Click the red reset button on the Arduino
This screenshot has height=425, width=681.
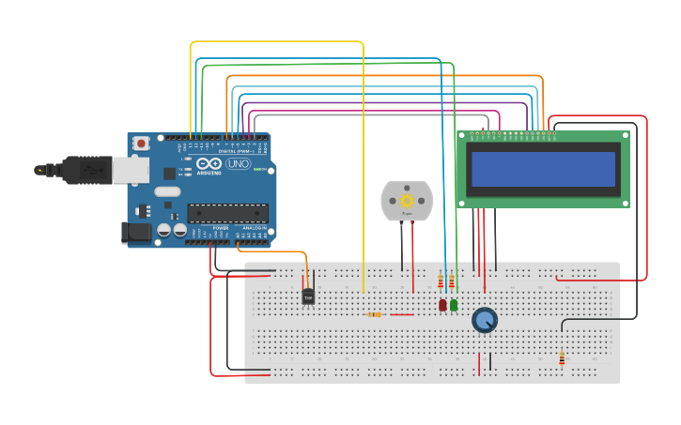(141, 144)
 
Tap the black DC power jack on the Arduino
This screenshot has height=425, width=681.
(136, 232)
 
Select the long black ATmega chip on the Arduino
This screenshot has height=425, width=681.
(226, 213)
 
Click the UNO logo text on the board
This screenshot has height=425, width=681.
(238, 163)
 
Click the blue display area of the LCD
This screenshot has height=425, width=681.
(543, 170)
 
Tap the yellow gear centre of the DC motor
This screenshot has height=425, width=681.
(407, 201)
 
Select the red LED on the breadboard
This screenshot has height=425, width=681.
(442, 305)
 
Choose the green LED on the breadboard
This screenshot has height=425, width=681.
(454, 305)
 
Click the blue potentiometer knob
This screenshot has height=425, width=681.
(484, 320)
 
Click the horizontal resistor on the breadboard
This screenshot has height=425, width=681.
(376, 314)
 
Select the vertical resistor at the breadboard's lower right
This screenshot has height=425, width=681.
(562, 357)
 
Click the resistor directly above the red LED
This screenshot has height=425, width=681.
(441, 281)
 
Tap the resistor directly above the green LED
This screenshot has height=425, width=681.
(452, 281)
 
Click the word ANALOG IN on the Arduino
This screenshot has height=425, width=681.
(254, 228)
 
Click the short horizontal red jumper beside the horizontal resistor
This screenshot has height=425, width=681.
(401, 314)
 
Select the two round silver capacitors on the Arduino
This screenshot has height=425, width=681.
(171, 230)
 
